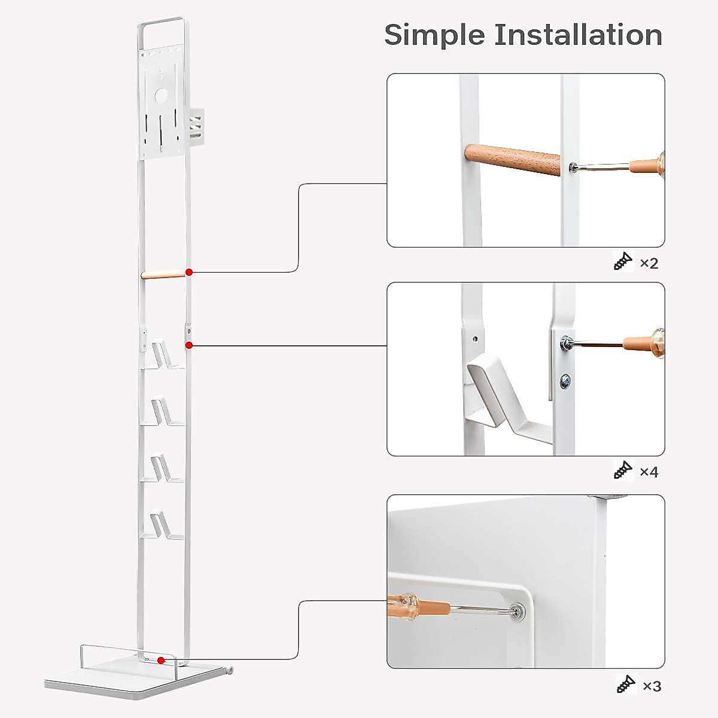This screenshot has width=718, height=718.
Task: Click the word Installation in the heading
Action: [x=578, y=35]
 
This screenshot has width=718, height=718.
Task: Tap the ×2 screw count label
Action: [x=649, y=263]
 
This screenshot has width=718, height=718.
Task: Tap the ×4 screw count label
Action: [x=649, y=472]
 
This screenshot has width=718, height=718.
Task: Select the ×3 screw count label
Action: [x=652, y=686]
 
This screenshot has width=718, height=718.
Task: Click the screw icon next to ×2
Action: [x=623, y=261]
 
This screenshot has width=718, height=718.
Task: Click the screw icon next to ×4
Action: [x=623, y=470]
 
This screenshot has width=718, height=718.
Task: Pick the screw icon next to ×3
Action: [x=626, y=683]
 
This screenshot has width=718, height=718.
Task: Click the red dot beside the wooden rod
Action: [x=189, y=272]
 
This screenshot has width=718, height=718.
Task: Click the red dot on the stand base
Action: [x=161, y=660]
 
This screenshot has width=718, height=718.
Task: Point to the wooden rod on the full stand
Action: [x=163, y=275]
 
